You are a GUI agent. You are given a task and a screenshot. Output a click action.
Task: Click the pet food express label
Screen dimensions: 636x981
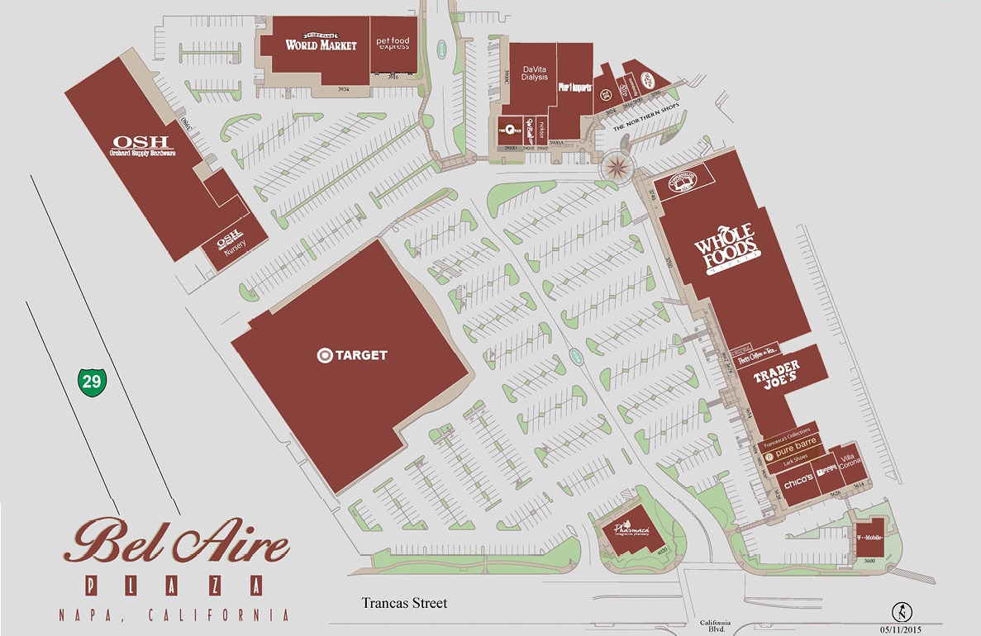pyautogui.click(x=393, y=43)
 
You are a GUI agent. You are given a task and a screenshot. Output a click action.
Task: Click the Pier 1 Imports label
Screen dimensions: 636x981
pyautogui.click(x=575, y=86)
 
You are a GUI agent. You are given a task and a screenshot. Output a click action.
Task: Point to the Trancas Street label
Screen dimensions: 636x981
pyautogui.click(x=404, y=603)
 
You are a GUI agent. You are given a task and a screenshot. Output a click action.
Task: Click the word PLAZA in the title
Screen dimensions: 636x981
pyautogui.click(x=175, y=586)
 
